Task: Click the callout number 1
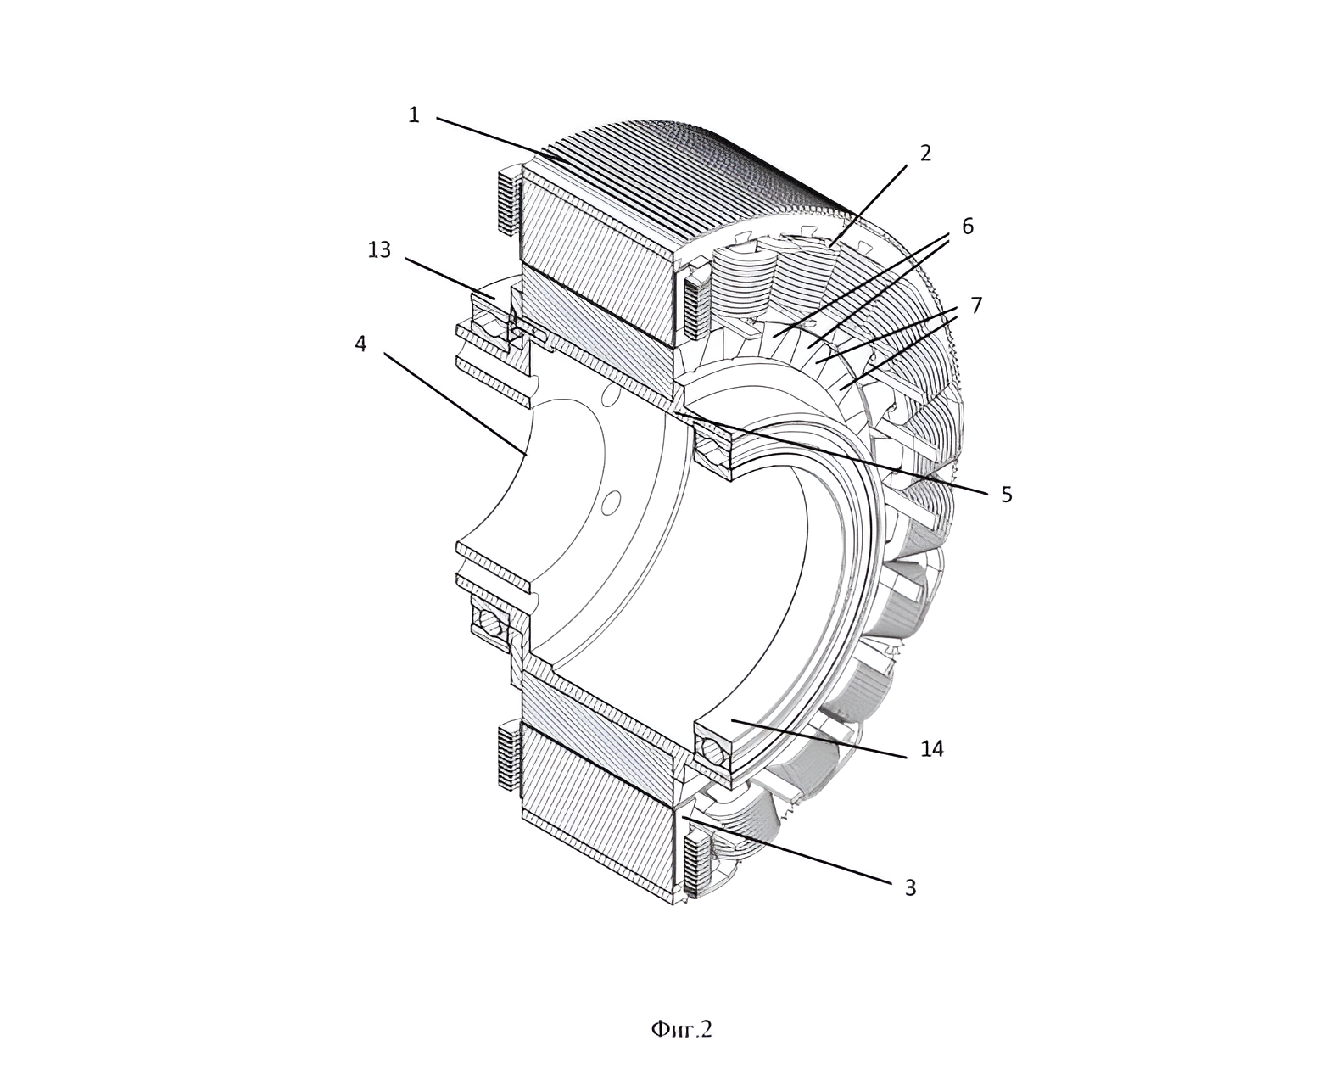coord(413,115)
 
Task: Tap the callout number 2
coord(925,154)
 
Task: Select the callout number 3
coord(910,888)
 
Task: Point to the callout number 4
coord(360,344)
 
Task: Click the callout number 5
coord(1007,494)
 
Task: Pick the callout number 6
coord(967,226)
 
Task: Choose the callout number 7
coord(976,305)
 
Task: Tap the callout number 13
coord(379,250)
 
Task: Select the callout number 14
coord(932,749)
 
